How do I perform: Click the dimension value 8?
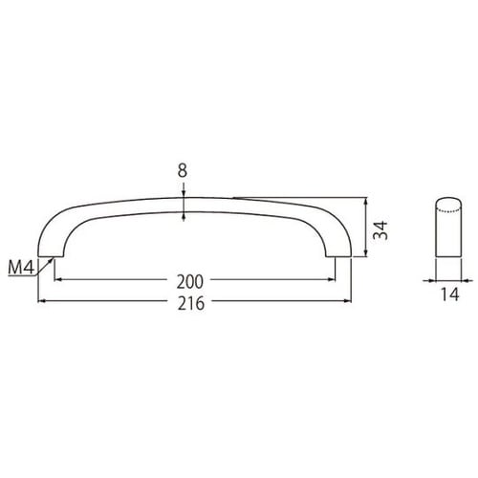click(183, 171)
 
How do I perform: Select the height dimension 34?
click(380, 229)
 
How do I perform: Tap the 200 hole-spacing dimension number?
click(190, 282)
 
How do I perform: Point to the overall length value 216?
click(191, 303)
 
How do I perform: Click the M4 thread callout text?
click(21, 267)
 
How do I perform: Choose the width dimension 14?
click(450, 294)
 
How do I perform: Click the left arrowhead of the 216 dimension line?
click(42, 300)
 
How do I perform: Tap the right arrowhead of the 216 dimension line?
click(347, 300)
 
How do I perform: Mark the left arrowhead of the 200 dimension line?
click(58, 279)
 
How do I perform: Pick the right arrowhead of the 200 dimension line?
click(332, 279)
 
